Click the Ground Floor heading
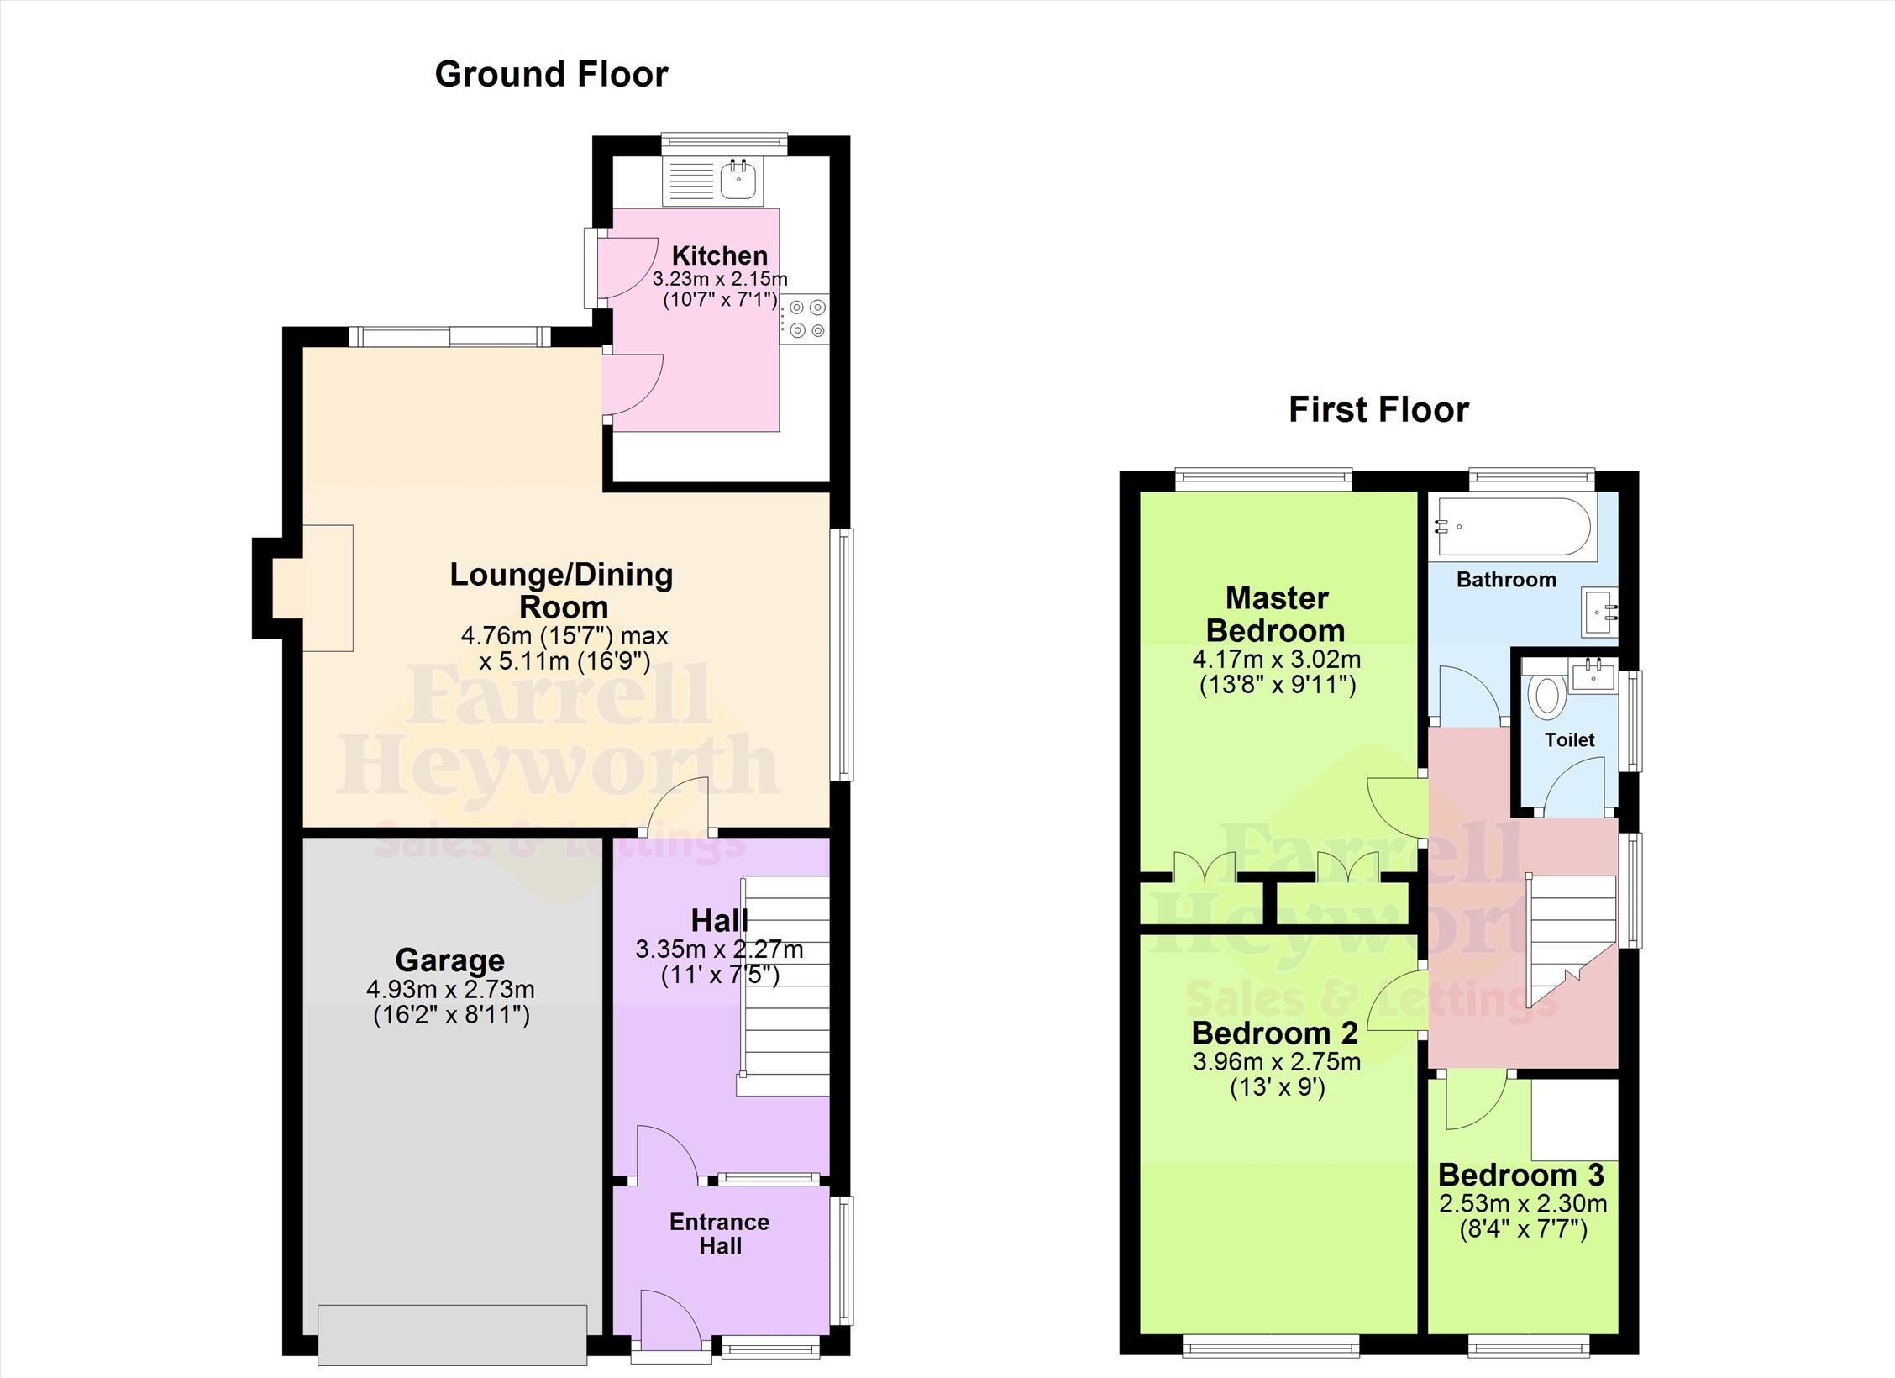(x=551, y=74)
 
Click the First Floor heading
(x=1378, y=410)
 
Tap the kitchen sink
(x=739, y=180)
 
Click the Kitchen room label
(x=720, y=255)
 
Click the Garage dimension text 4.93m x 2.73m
(x=450, y=989)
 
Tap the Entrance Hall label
(x=720, y=1233)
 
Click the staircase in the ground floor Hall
(x=785, y=986)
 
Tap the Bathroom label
(x=1506, y=580)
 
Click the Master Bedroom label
(x=1277, y=614)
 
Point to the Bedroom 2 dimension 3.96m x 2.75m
(x=1277, y=1061)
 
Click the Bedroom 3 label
(x=1521, y=1175)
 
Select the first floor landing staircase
(x=1571, y=940)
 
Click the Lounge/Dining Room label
(x=562, y=590)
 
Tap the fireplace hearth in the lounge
(x=328, y=588)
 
